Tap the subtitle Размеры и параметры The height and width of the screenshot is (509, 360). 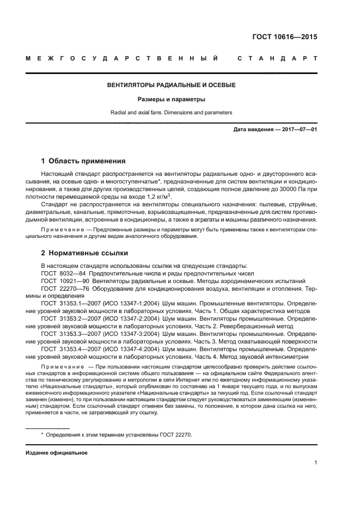pos(171,100)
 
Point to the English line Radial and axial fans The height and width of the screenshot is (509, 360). pos(171,113)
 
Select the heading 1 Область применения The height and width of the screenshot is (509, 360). pos(83,161)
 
